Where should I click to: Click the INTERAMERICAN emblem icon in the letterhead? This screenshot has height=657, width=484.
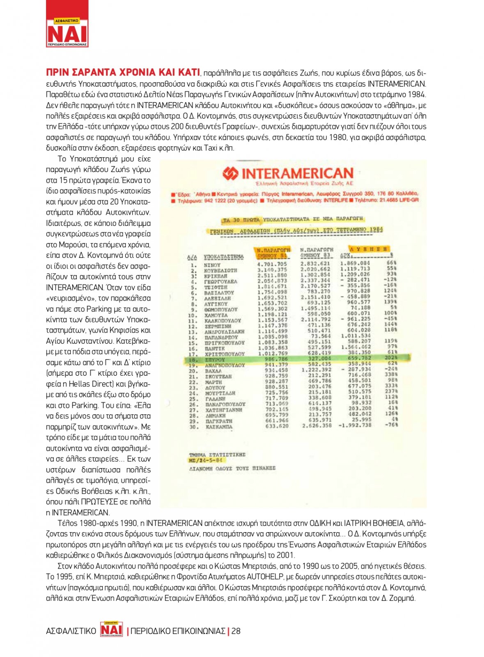[x=230, y=174]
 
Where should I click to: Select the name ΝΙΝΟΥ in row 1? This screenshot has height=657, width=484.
[x=212, y=265]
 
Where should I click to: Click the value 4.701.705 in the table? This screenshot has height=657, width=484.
[x=272, y=264]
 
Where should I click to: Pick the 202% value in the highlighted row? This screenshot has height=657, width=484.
[x=390, y=358]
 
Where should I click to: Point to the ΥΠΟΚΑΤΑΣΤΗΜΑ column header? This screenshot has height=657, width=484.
[x=223, y=257]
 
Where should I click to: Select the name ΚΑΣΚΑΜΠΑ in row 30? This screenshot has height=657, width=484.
[x=219, y=427]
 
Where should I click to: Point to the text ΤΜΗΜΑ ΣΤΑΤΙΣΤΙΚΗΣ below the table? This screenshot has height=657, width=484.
[x=217, y=455]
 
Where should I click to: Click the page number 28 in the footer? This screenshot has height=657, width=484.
[x=236, y=631]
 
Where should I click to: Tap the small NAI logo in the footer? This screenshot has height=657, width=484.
[x=112, y=629]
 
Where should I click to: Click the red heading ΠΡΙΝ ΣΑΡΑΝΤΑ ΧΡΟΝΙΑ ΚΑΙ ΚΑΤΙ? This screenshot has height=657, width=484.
[x=123, y=73]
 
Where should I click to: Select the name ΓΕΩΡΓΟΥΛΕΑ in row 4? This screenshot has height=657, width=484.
[x=220, y=282]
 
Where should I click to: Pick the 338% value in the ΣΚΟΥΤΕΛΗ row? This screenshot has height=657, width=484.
[x=390, y=374]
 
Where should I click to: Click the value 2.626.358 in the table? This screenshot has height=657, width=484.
[x=316, y=426]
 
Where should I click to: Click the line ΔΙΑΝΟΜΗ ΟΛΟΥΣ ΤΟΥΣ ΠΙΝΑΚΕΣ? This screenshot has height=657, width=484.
[x=232, y=469]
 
